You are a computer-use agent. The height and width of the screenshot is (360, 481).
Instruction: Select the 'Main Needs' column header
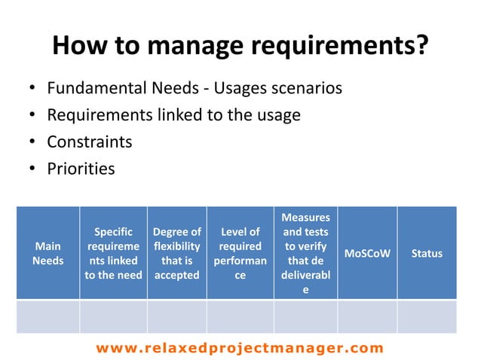pyautogui.click(x=47, y=253)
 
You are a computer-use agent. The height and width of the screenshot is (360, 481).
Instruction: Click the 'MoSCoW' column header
pyautogui.click(x=367, y=253)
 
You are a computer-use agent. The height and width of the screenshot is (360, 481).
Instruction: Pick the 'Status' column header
pyautogui.click(x=427, y=253)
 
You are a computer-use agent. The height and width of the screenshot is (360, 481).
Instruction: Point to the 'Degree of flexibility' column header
pyautogui.click(x=176, y=253)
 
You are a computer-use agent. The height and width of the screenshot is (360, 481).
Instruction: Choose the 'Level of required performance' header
pyautogui.click(x=240, y=253)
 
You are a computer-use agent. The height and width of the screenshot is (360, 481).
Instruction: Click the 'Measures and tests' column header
pyautogui.click(x=305, y=253)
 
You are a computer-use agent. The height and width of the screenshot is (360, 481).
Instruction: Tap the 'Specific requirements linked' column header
pyautogui.click(x=113, y=253)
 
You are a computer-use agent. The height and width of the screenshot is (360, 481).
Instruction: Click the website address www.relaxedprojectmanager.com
pyautogui.click(x=240, y=348)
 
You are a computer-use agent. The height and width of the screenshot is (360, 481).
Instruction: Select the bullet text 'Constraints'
pyautogui.click(x=89, y=142)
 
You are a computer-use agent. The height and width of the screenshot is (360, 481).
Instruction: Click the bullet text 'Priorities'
pyautogui.click(x=81, y=168)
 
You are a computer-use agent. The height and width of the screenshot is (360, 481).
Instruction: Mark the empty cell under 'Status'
pyautogui.click(x=427, y=316)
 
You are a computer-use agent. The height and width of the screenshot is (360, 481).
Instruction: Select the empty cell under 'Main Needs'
pyautogui.click(x=47, y=316)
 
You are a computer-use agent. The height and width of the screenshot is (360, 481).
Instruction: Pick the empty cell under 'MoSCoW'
pyautogui.click(x=367, y=316)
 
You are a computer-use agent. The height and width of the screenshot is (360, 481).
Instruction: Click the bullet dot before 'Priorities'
pyautogui.click(x=32, y=169)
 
